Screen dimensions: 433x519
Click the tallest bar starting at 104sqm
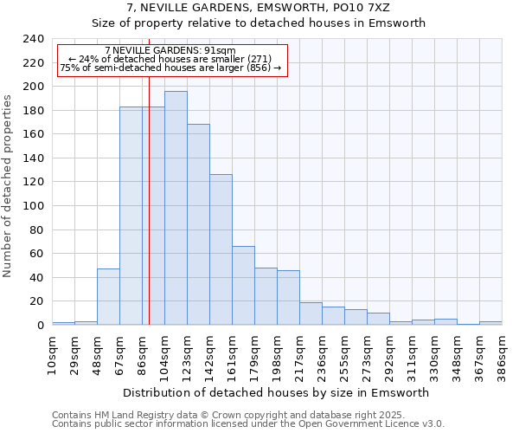176,208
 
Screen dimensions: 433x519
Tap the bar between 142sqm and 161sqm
221,249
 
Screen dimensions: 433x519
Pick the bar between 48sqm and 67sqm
108,296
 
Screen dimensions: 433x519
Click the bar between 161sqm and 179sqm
243,286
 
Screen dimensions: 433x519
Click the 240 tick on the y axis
34,39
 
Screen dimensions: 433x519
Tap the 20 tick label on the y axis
37,301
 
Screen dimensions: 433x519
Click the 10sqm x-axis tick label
52,354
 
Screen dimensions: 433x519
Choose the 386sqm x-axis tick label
502,354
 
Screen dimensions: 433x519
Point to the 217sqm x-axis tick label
299,354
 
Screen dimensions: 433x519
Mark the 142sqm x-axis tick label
209,354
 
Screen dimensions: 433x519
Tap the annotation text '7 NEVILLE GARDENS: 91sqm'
170,50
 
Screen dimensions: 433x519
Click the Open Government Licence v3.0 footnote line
248,424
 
